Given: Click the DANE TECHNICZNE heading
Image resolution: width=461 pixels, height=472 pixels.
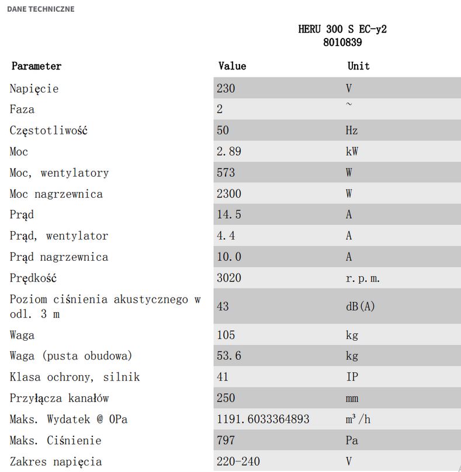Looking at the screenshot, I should tap(40, 9).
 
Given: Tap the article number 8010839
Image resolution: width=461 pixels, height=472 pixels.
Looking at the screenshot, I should tap(342, 42).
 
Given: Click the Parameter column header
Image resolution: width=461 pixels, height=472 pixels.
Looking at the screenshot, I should tap(36, 66).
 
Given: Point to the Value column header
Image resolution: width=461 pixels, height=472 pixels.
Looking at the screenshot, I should tap(232, 66).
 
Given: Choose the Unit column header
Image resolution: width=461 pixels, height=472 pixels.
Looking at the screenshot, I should tap(359, 66).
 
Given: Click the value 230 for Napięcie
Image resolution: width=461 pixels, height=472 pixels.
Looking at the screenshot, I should tap(226, 89).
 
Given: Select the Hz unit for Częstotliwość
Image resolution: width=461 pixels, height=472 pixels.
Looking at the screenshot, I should tap(352, 130).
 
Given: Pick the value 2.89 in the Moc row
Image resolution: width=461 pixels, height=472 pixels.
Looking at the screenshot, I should tap(229, 152).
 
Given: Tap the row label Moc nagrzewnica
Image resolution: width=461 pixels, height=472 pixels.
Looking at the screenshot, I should tap(56, 194).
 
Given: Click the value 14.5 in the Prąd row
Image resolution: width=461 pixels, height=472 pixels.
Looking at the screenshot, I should tap(229, 215).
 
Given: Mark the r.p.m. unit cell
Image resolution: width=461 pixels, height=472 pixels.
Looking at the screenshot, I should tap(363, 278).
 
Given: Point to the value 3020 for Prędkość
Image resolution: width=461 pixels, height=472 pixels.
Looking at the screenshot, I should tap(229, 278).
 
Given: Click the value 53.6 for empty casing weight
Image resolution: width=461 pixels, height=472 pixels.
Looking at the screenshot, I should tap(229, 356).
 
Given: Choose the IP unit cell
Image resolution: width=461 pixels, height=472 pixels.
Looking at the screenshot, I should tap(352, 377).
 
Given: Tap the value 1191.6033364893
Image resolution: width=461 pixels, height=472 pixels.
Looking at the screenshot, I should tap(263, 419).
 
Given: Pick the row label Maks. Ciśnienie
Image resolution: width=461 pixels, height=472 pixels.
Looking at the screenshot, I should tap(56, 440).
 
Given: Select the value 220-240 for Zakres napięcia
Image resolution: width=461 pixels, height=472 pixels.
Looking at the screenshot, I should tap(238, 461).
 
